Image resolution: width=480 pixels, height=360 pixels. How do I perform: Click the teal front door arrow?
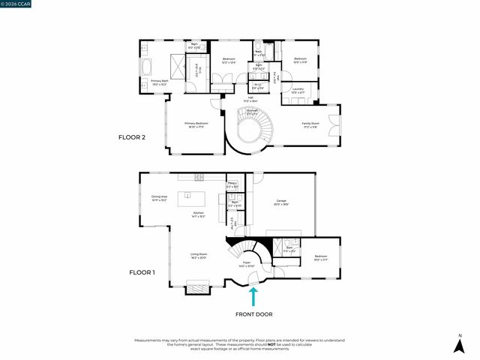pos(253,296)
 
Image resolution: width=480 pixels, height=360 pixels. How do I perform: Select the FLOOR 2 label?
pos(136,137)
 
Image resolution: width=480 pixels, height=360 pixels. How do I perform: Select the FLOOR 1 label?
pos(141,272)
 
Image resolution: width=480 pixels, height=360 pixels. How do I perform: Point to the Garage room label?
pos(281,202)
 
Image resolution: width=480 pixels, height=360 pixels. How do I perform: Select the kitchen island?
pos(192,199)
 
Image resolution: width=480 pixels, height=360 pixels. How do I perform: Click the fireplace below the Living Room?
pos(199,286)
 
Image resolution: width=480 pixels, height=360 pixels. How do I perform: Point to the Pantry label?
pos(232,184)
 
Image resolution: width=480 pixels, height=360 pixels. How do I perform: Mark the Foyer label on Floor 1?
pos(246,264)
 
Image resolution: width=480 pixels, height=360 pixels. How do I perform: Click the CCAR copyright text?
pos(16,4)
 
